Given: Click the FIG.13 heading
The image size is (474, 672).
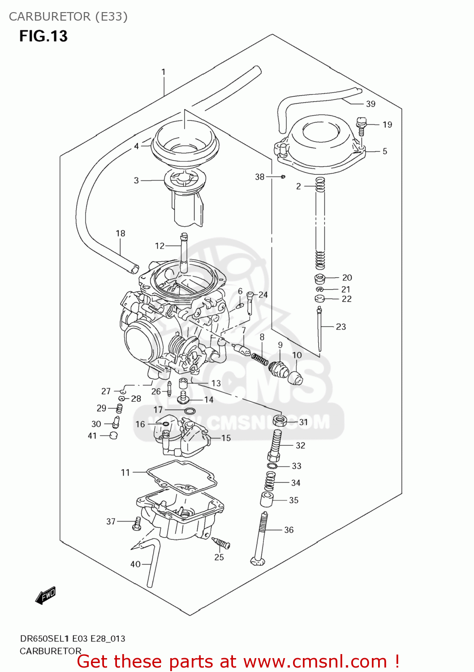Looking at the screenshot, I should pyautogui.click(x=43, y=36).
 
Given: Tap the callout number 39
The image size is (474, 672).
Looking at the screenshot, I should pyautogui.click(x=371, y=104).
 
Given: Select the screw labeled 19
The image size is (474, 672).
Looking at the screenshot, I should pyautogui.click(x=361, y=125).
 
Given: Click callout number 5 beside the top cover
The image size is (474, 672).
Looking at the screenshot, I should pyautogui.click(x=385, y=151).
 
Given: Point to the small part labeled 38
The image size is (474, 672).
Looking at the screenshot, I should pyautogui.click(x=283, y=177).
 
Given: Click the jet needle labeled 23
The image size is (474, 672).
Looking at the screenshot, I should pyautogui.click(x=319, y=329).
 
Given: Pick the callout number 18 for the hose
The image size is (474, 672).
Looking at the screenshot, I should pyautogui.click(x=120, y=233).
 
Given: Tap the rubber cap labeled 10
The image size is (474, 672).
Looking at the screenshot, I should pyautogui.click(x=295, y=378).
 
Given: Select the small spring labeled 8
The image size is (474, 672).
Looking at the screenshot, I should pyautogui.click(x=259, y=358).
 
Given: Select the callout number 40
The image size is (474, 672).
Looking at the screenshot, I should pyautogui.click(x=135, y=564).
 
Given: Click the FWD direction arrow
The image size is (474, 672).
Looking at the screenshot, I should pyautogui.click(x=46, y=595).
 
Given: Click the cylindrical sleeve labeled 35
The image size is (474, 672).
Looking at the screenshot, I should pyautogui.click(x=267, y=500).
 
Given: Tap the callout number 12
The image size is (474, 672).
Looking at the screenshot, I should pyautogui.click(x=159, y=246).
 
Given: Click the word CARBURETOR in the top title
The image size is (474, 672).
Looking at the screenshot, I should pyautogui.click(x=49, y=17).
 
